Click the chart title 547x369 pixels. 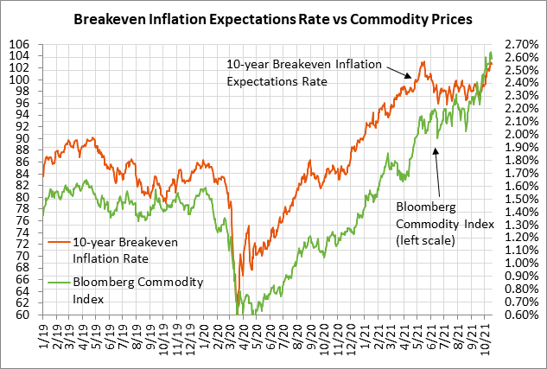[273, 18]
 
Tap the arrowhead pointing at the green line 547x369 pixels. [436, 150]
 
